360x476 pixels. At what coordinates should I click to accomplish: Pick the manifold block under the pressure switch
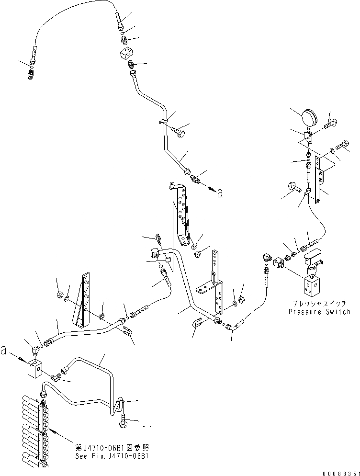pyautogui.click(x=313, y=286)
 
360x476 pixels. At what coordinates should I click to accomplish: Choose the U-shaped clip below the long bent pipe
pyautogui.click(x=198, y=325)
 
